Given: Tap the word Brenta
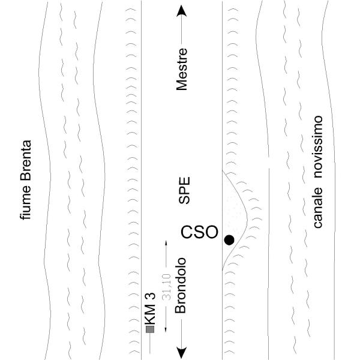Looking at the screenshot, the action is click(x=25, y=160).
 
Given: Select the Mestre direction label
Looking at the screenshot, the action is click(x=182, y=69).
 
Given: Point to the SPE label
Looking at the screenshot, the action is click(x=184, y=190).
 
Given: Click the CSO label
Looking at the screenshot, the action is click(x=199, y=232).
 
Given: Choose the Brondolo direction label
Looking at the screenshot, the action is click(x=180, y=286).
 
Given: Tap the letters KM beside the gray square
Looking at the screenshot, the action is click(x=150, y=314).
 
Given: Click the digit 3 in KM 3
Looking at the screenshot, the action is click(x=150, y=296).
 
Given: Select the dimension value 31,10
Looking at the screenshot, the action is click(x=166, y=287).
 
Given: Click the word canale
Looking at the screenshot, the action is click(x=318, y=208).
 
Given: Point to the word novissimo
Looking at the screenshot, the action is click(x=318, y=147).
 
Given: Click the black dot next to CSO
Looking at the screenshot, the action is click(x=229, y=240).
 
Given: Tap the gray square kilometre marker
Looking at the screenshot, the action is click(x=150, y=329).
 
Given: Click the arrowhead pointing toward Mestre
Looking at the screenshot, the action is click(x=182, y=11).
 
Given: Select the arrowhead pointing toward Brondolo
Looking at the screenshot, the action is click(x=182, y=353).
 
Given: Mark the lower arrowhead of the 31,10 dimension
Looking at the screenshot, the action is click(x=166, y=329).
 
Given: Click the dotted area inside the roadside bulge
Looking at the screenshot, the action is click(x=233, y=214).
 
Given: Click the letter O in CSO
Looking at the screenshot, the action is click(x=211, y=232).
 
